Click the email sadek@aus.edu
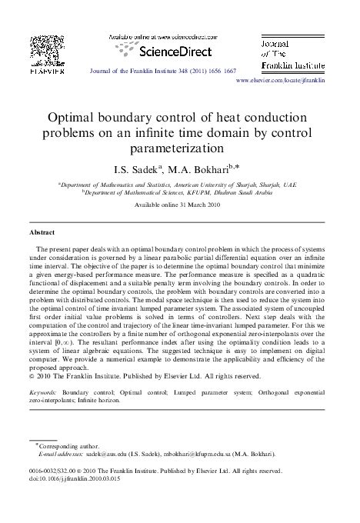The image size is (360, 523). [105, 455]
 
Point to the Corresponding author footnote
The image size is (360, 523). [65, 446]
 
